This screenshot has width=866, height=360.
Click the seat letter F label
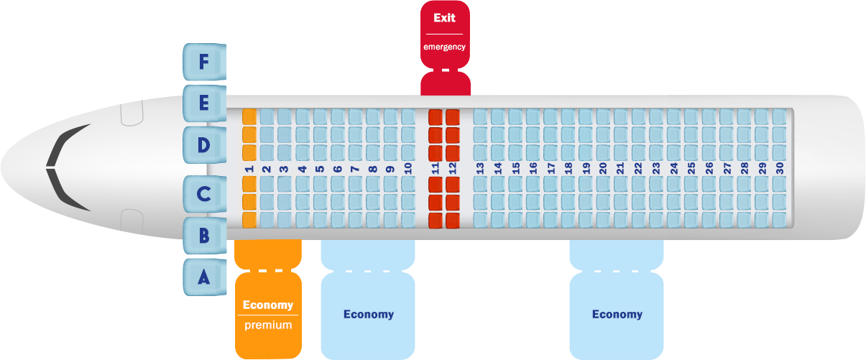coord(204,62)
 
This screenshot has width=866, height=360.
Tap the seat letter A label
coord(204,277)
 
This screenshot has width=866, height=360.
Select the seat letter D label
coord(204,145)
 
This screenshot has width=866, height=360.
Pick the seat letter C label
coord(204,194)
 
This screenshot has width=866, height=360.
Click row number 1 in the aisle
coord(249,169)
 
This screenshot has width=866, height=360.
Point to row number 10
coord(408,168)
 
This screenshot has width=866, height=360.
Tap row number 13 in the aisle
coord(480,168)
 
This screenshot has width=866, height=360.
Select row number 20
coord(603,168)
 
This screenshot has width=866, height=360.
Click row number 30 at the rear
coord(779,168)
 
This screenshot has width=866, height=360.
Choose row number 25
coord(691,168)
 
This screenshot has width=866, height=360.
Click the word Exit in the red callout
coord(445,18)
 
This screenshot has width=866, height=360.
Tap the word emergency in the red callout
coord(445,47)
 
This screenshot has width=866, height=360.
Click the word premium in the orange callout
coord(268,326)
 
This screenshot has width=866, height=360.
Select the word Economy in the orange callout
coord(268,305)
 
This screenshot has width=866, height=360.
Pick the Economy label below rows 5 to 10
coord(369,314)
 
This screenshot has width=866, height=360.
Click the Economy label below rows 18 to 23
coord(617,314)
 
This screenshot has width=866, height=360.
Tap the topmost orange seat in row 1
coord(249,117)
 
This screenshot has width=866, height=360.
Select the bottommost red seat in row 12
coord(453,221)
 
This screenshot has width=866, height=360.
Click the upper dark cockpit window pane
coord(69,145)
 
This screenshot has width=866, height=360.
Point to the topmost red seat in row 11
coord(436,117)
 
